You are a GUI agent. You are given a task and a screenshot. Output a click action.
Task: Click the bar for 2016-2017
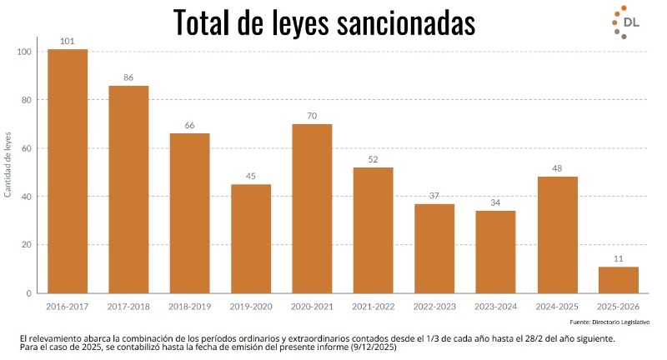pyautogui.click(x=68, y=171)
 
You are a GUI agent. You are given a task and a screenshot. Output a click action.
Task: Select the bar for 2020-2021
pyautogui.click(x=312, y=208)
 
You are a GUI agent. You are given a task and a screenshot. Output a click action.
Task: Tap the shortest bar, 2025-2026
pyautogui.click(x=618, y=280)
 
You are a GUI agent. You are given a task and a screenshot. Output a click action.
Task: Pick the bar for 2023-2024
pyautogui.click(x=495, y=252)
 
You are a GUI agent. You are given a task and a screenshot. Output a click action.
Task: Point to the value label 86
pyautogui.click(x=128, y=77)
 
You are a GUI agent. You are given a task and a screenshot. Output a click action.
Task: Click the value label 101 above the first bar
pyautogui.click(x=68, y=41)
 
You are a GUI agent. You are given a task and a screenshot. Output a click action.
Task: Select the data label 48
pyautogui.click(x=557, y=168)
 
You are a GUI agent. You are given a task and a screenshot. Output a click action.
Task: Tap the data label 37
pyautogui.click(x=434, y=195)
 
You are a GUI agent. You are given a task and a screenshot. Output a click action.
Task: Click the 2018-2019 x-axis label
pyautogui.click(x=189, y=307)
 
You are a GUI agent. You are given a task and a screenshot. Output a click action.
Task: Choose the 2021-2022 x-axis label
pyautogui.click(x=373, y=307)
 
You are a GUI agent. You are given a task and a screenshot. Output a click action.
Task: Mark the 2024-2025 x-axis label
pyautogui.click(x=556, y=307)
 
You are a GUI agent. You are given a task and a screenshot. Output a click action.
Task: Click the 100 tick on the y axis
pyautogui.click(x=23, y=52)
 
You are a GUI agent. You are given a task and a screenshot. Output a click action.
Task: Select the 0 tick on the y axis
pyautogui.click(x=28, y=293)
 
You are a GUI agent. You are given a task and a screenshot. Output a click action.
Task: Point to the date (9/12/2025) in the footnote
pyautogui.click(x=368, y=348)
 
